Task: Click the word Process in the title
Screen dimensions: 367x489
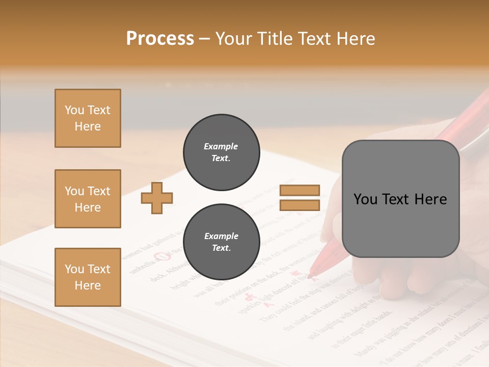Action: [160, 39]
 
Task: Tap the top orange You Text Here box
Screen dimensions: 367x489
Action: [88, 118]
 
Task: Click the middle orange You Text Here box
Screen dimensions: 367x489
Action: [88, 199]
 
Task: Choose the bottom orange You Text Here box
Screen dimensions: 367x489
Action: [88, 277]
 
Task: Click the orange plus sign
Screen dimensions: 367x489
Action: [157, 197]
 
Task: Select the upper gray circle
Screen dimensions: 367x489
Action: [221, 152]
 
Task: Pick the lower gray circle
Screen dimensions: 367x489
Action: [221, 242]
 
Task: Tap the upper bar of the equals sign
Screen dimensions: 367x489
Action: [300, 190]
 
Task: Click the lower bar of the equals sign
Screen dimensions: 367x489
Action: [300, 205]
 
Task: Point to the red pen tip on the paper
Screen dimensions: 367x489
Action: [310, 276]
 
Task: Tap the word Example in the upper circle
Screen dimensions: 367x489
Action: [221, 146]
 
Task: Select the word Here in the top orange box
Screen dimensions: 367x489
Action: [88, 126]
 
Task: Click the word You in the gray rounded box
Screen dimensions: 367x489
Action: [365, 199]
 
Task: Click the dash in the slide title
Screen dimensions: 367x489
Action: [205, 39]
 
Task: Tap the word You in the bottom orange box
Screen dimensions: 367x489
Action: [74, 269]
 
